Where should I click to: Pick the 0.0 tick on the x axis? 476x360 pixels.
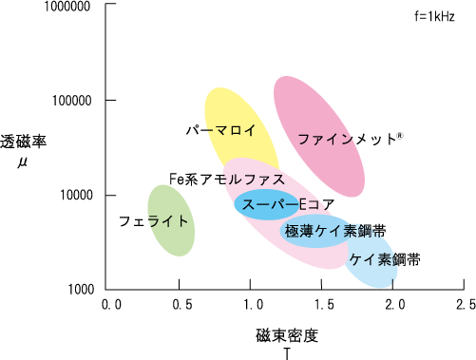(112, 305)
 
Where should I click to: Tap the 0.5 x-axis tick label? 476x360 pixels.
(180, 305)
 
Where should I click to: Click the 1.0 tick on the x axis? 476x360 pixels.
(251, 305)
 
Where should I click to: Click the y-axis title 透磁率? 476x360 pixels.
(24, 142)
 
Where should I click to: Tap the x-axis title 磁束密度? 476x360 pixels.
(286, 335)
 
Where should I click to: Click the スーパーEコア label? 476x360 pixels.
(282, 204)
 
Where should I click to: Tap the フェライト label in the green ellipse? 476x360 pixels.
(153, 221)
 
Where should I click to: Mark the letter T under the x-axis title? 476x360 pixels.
(286, 352)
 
